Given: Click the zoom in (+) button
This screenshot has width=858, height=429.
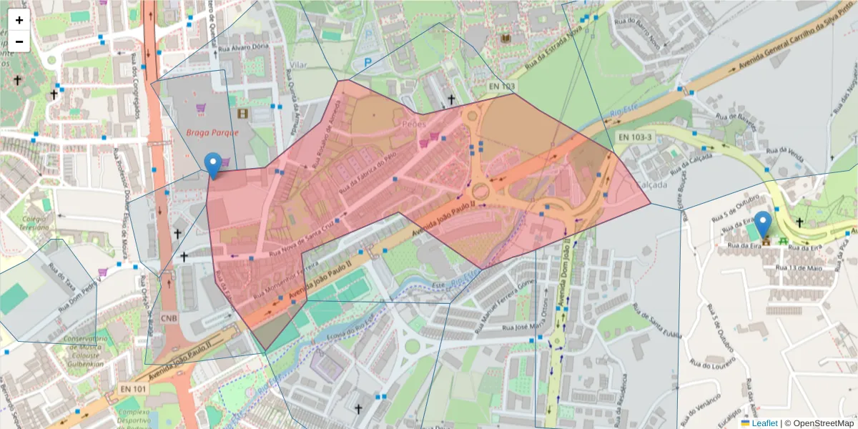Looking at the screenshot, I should click(x=19, y=20).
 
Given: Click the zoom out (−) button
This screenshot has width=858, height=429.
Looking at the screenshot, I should click(x=19, y=41).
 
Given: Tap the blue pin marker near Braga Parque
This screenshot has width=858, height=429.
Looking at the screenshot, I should click(x=213, y=165).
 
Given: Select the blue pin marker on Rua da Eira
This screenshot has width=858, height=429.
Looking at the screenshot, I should click(x=764, y=224).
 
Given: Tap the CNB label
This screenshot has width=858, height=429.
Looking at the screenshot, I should click(x=169, y=317).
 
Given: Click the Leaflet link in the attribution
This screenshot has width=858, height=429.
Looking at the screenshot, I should click(x=764, y=423).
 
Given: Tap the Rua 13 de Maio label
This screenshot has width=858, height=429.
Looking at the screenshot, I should click(x=792, y=267).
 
